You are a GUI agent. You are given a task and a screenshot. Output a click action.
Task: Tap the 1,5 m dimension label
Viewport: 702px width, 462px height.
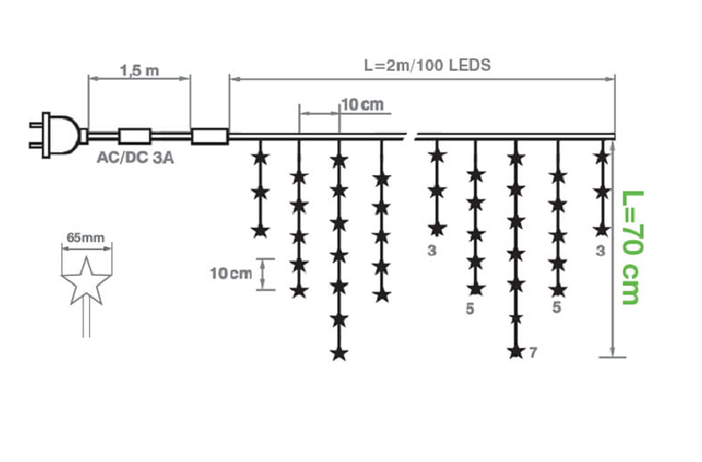[x=139, y=71]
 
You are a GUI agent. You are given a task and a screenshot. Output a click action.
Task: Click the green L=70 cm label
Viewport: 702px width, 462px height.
[x=633, y=247]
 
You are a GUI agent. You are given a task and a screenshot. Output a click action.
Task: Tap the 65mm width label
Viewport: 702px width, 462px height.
[x=86, y=238]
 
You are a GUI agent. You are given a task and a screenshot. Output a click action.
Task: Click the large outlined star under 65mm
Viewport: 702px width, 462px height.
[x=84, y=280]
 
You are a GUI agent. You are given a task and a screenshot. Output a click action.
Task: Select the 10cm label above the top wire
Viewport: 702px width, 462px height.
[x=363, y=104]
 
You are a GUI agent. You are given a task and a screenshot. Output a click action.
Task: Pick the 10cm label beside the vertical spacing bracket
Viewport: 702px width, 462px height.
[x=230, y=274]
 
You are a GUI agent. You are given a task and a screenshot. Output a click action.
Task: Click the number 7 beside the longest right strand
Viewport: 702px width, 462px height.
[x=533, y=353]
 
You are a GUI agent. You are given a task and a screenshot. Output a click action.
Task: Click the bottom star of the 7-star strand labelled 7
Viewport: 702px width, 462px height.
[x=515, y=351]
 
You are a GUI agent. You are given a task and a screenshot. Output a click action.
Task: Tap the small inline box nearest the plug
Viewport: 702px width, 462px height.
[x=134, y=135]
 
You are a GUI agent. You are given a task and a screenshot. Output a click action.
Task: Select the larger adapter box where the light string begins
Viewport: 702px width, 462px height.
[x=209, y=135]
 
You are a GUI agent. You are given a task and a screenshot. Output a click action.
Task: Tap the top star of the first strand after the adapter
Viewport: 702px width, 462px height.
[x=259, y=156]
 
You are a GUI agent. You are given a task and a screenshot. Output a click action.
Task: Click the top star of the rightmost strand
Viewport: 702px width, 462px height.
[x=602, y=156]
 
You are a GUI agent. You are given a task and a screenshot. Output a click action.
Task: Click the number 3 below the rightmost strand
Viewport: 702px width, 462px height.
[x=601, y=249]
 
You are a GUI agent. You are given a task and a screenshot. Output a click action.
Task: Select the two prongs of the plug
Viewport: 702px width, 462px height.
[x=38, y=134]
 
